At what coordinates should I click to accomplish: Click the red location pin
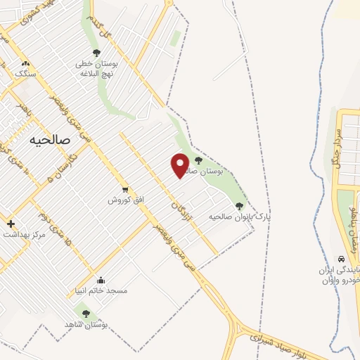pos(180,165)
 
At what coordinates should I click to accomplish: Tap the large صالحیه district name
pos(51,140)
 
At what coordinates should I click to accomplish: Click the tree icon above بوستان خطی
pos(96,52)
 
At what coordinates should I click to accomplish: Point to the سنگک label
pos(25,73)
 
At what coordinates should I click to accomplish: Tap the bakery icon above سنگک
pos(25,63)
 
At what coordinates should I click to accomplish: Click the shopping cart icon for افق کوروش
pos(125,189)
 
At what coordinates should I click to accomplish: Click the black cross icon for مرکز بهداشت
pos(11,224)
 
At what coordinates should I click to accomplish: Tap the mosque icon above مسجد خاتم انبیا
pos(101,280)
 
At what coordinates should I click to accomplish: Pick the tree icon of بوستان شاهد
pos(86,314)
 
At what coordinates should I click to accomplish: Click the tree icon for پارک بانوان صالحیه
pos(239,205)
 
